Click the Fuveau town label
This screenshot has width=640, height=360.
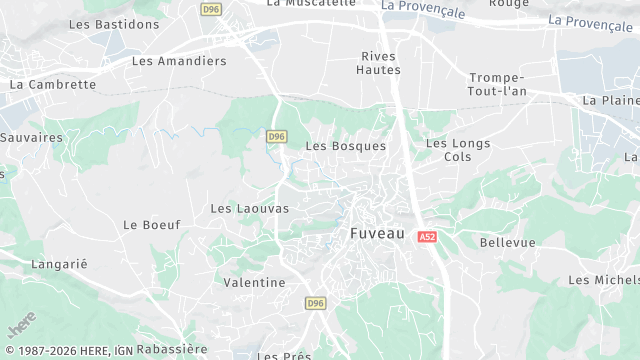click(x=377, y=233)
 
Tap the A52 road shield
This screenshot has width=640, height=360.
click(x=427, y=237)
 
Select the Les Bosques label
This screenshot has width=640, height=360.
click(x=345, y=146)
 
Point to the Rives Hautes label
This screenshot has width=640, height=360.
click(x=379, y=63)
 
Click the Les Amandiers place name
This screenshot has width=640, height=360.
click(x=179, y=61)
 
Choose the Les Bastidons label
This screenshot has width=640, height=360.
click(x=122, y=24)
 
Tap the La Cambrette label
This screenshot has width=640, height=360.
click(x=53, y=85)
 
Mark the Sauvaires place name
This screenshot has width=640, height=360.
click(x=31, y=137)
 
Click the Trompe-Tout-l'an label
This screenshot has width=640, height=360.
click(x=497, y=85)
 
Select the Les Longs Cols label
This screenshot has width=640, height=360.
click(x=458, y=150)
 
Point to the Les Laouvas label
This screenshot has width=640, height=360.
click(x=249, y=208)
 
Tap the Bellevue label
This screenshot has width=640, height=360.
click(x=507, y=243)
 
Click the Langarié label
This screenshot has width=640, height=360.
click(x=60, y=263)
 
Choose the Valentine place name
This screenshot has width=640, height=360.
click(x=254, y=283)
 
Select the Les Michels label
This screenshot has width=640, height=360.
click(x=603, y=280)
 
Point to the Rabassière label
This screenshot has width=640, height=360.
click(x=172, y=349)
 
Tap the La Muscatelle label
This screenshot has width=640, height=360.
click(x=311, y=3)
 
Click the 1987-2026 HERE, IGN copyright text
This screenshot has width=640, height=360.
click(x=67, y=350)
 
